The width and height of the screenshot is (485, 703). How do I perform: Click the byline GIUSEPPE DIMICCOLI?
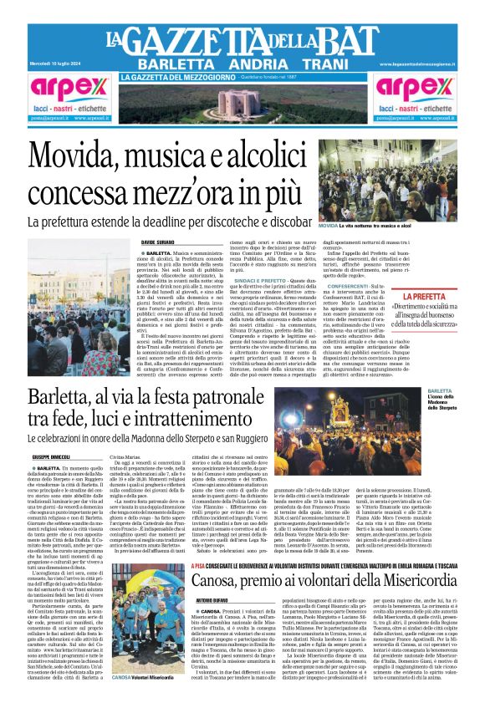point(51,457)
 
